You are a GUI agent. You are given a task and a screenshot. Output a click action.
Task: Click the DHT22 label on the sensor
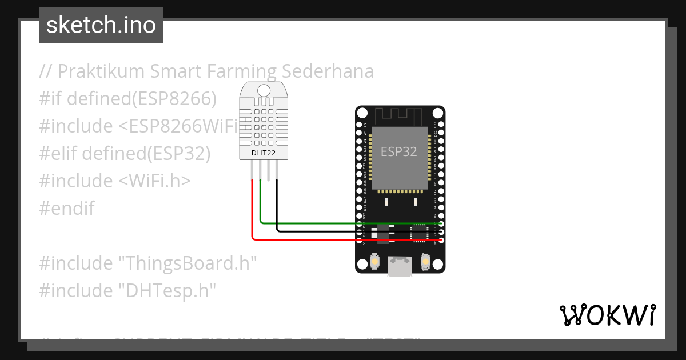pyautogui.click(x=264, y=153)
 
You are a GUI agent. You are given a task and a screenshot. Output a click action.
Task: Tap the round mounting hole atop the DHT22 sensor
pyautogui.click(x=264, y=90)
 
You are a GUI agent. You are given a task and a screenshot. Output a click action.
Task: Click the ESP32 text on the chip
pyautogui.click(x=399, y=152)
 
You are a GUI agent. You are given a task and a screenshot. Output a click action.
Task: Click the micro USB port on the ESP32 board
pyautogui.click(x=400, y=266)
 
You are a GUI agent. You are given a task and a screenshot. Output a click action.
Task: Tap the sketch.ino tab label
pyautogui.click(x=101, y=25)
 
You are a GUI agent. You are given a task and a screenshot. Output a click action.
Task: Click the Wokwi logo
pyautogui.click(x=607, y=315)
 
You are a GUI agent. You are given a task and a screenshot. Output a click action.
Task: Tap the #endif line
pyautogui.click(x=67, y=209)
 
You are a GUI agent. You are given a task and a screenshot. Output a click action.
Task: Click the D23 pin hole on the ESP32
pyautogui.click(x=441, y=125)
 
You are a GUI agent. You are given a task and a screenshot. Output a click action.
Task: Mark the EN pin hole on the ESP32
pyautogui.click(x=359, y=125)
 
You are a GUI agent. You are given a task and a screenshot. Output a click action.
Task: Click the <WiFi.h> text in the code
pyautogui.click(x=154, y=181)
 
